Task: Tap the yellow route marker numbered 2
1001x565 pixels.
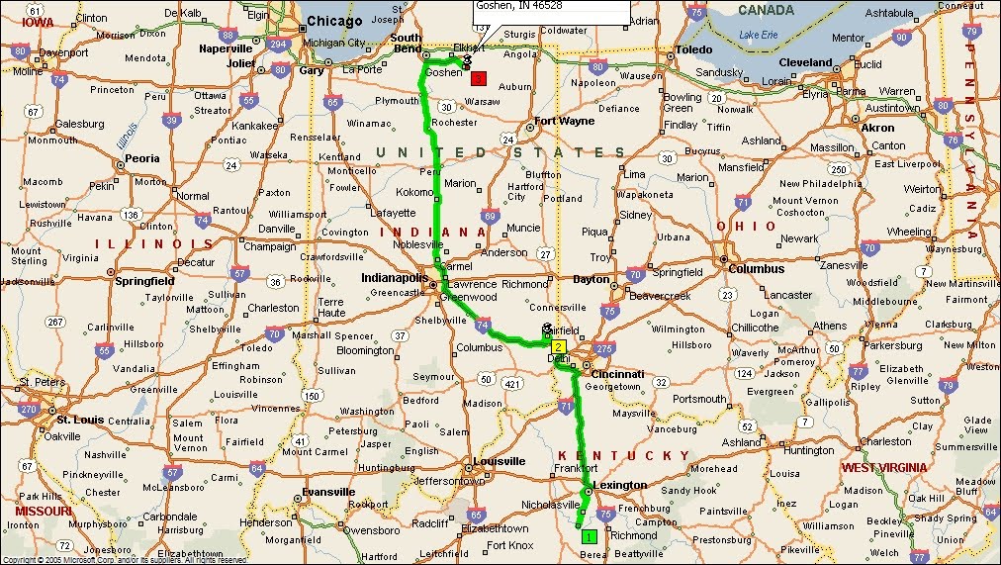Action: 559,346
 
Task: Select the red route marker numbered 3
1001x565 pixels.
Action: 478,78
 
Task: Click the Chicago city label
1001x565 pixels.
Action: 335,21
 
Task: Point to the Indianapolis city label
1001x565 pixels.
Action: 395,278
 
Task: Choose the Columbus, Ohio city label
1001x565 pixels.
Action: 757,268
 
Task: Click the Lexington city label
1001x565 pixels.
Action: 619,485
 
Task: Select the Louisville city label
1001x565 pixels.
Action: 499,461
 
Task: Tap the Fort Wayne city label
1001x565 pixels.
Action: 564,121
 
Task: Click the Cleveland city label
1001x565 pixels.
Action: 806,61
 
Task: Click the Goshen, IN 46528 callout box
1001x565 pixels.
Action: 551,11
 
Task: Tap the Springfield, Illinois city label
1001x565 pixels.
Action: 144,280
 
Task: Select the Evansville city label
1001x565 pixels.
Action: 328,492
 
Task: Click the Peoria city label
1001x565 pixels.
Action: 142,158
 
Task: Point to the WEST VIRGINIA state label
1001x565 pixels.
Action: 883,467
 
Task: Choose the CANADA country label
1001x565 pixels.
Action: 766,10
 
